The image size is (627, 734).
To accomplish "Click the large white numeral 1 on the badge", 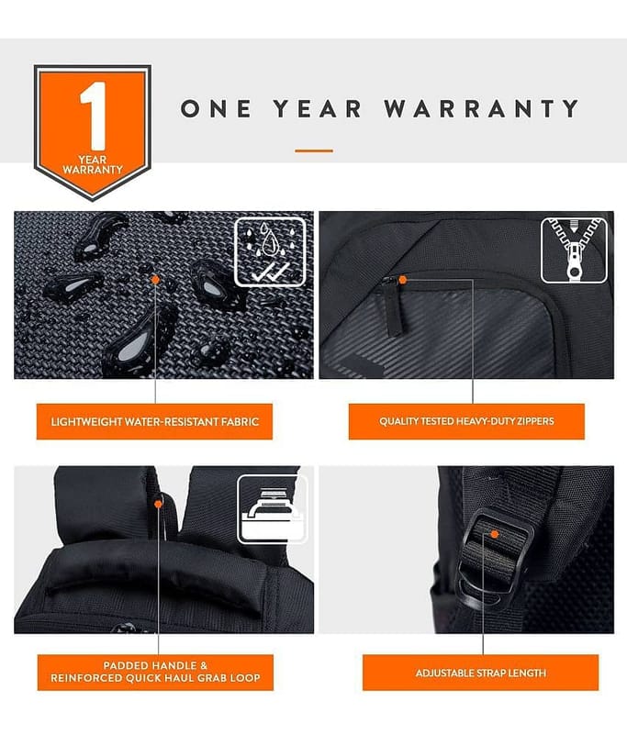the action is (95, 116).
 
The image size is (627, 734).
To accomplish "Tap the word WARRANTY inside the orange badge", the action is (93, 170).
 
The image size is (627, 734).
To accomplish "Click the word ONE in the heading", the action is (216, 108).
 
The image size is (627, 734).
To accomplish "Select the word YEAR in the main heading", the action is (318, 108).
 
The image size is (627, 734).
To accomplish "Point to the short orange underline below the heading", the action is (314, 150).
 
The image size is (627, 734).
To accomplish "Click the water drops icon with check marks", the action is (270, 251).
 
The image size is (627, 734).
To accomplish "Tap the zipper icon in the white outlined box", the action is (574, 250).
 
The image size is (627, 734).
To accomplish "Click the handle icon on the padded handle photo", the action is (272, 509).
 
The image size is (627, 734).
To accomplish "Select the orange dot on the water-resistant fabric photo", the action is (155, 280).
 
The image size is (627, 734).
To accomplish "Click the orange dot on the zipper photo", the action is (402, 280).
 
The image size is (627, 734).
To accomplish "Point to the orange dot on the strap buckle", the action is (494, 534).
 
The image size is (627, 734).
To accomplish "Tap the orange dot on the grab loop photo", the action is (158, 504).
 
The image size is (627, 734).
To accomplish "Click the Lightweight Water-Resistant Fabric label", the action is (154, 422).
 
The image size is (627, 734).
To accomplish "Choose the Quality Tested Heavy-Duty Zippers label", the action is (466, 421).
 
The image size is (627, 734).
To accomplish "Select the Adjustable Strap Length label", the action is (480, 673).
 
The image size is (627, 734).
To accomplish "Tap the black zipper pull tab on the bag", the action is (392, 306).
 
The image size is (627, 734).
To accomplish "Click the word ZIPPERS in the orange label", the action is (535, 421).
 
